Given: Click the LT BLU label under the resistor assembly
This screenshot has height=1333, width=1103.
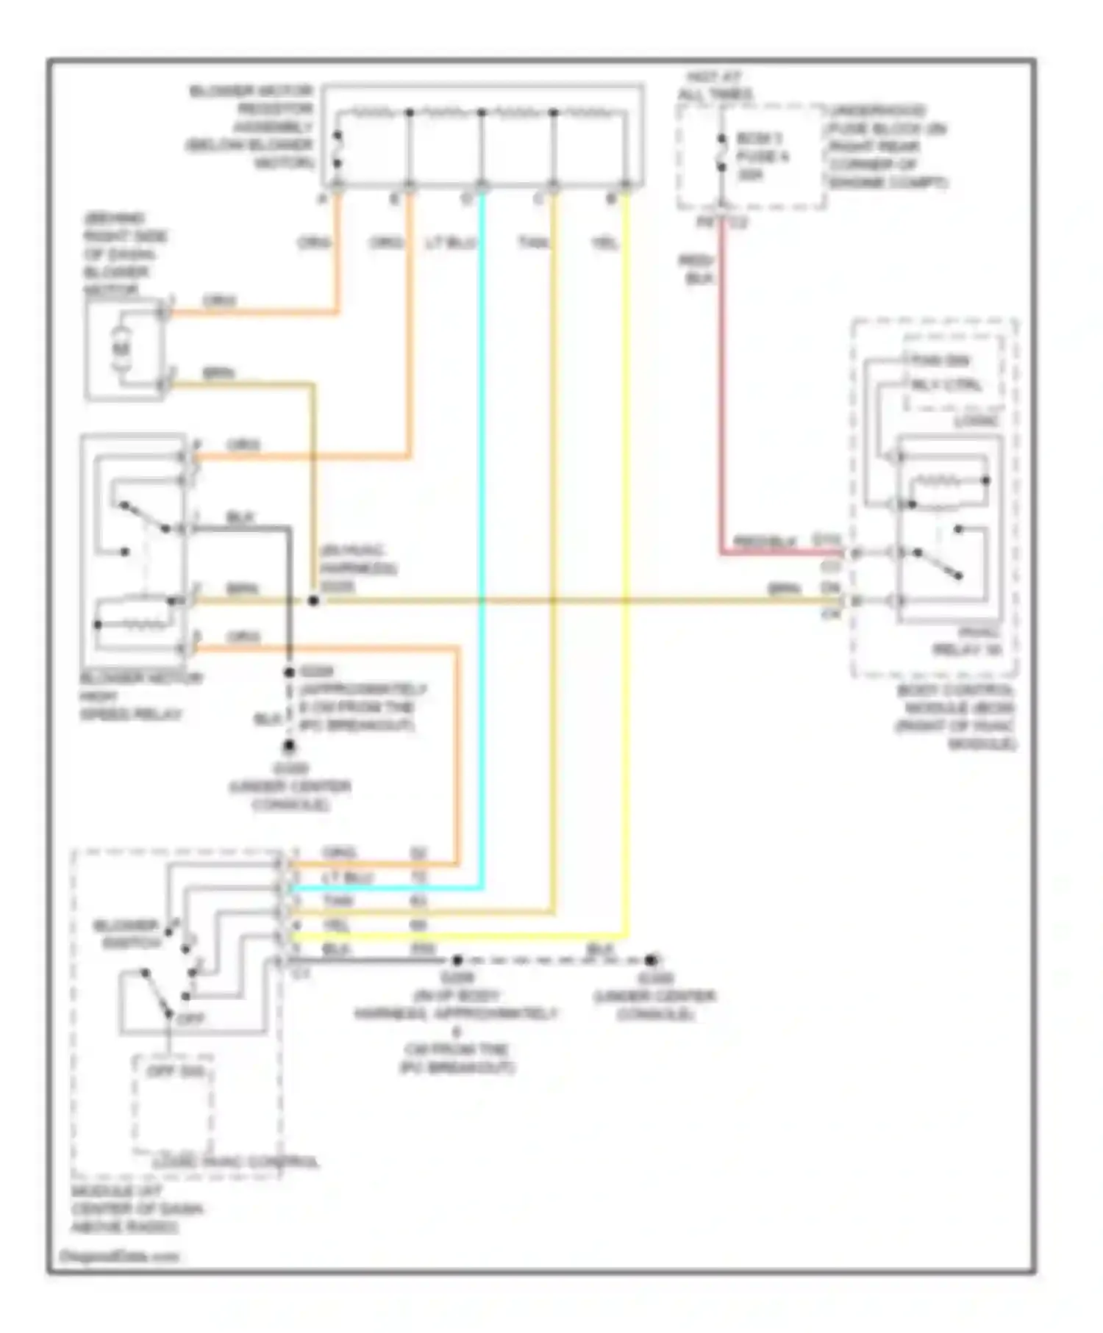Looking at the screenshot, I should [x=451, y=242].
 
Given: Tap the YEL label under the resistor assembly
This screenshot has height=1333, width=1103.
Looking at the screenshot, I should [x=604, y=242].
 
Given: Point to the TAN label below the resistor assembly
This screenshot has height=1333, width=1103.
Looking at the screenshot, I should [x=533, y=242].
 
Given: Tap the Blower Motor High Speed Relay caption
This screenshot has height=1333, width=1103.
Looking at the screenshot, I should [x=140, y=696].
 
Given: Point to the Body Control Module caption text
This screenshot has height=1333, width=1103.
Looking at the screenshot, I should [x=955, y=717].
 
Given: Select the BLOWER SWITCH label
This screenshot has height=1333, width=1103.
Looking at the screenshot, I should [x=126, y=934].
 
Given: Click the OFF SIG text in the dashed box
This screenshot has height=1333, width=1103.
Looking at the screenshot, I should [x=175, y=1071].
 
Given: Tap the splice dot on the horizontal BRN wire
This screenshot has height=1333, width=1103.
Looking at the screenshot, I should [x=313, y=600].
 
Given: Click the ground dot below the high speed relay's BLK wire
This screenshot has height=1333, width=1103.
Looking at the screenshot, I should [x=289, y=747].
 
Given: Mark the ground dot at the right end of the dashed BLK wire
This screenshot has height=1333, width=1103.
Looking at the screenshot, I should [x=651, y=960].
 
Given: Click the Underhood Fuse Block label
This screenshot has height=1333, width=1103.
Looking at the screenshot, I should [x=888, y=146].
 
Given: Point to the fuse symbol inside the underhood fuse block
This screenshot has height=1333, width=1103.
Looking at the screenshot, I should [x=721, y=156].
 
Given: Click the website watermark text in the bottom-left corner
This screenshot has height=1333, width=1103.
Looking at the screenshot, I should [x=118, y=1257].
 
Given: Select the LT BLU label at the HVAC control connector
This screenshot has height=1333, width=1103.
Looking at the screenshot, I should [x=348, y=877].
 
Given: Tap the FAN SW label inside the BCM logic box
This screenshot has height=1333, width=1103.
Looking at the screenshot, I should [x=940, y=361].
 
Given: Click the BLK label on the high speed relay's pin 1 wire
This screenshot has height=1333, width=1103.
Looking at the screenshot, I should [x=240, y=517].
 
